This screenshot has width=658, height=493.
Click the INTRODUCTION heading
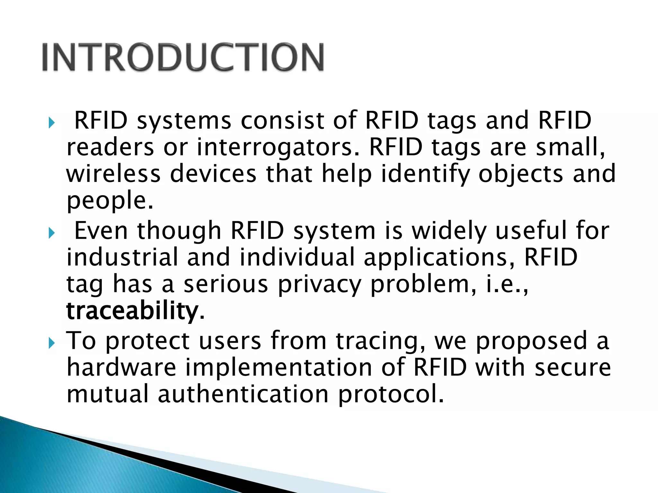[x=183, y=57]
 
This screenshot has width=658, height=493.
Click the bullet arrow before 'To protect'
[x=52, y=343]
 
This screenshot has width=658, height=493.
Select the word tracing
[x=379, y=342]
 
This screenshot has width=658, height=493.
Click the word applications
[x=438, y=258]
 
